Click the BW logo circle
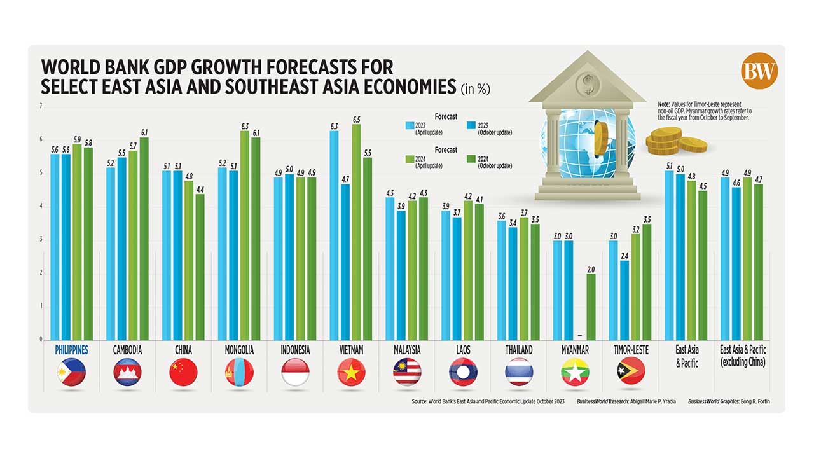click(x=759, y=71)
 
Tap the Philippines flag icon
click(x=71, y=373)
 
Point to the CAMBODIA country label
click(x=127, y=350)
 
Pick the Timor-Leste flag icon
click(x=631, y=373)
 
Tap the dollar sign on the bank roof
click(x=584, y=81)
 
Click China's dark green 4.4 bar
click(x=200, y=267)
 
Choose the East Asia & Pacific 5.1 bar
click(x=669, y=255)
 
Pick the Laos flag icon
click(x=463, y=373)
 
